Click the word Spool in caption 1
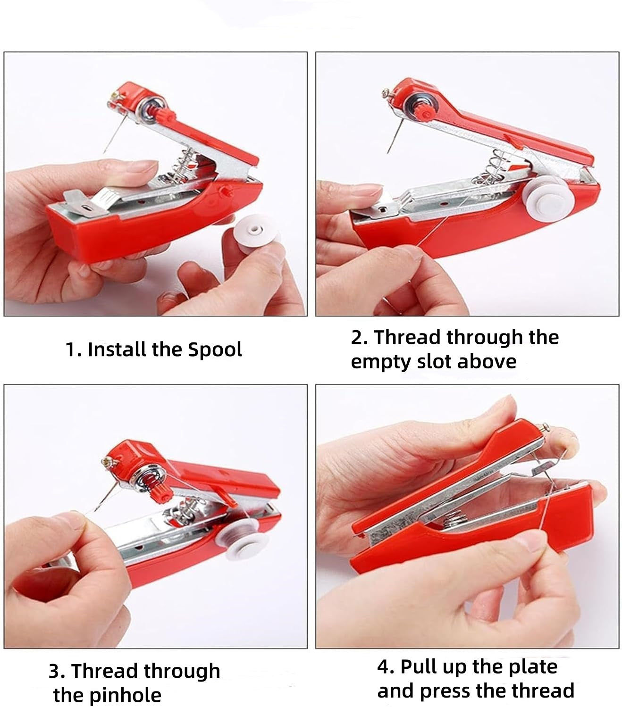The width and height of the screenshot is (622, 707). (x=215, y=349)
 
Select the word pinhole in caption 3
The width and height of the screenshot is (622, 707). (x=125, y=694)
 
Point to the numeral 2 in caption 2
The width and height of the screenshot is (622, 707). (x=358, y=337)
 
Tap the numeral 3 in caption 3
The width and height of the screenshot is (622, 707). (x=55, y=671)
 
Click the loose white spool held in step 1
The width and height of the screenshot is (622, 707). (x=257, y=233)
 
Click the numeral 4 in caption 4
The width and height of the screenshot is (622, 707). (x=384, y=667)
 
